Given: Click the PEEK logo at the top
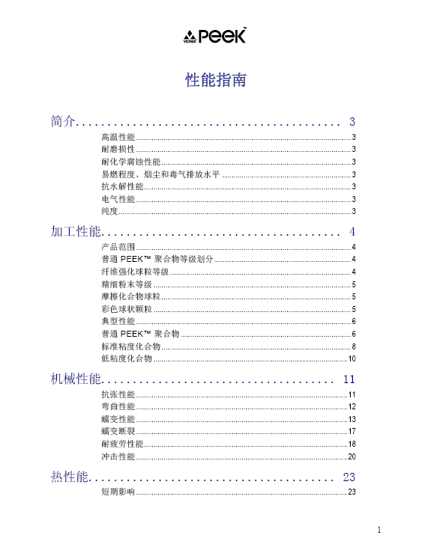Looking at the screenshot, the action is (x=215, y=37).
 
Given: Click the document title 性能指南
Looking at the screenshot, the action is (x=216, y=80).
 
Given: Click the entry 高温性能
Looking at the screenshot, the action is (x=118, y=138).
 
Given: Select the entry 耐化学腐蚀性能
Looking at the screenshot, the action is (x=130, y=162).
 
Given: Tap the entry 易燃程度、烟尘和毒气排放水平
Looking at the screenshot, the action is (x=160, y=174).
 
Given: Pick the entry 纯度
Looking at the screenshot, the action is (x=109, y=211).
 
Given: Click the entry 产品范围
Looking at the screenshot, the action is (x=118, y=247).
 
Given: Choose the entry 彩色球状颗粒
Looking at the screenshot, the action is (x=126, y=309).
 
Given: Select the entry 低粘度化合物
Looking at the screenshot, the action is (x=126, y=358).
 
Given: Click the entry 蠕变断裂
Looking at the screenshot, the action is (x=118, y=432).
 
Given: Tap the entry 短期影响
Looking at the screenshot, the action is (x=118, y=492).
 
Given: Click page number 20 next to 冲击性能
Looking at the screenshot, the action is (x=352, y=456).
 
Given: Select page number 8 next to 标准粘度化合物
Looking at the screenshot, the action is (x=353, y=346).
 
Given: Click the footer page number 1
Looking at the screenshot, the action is (x=379, y=530).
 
